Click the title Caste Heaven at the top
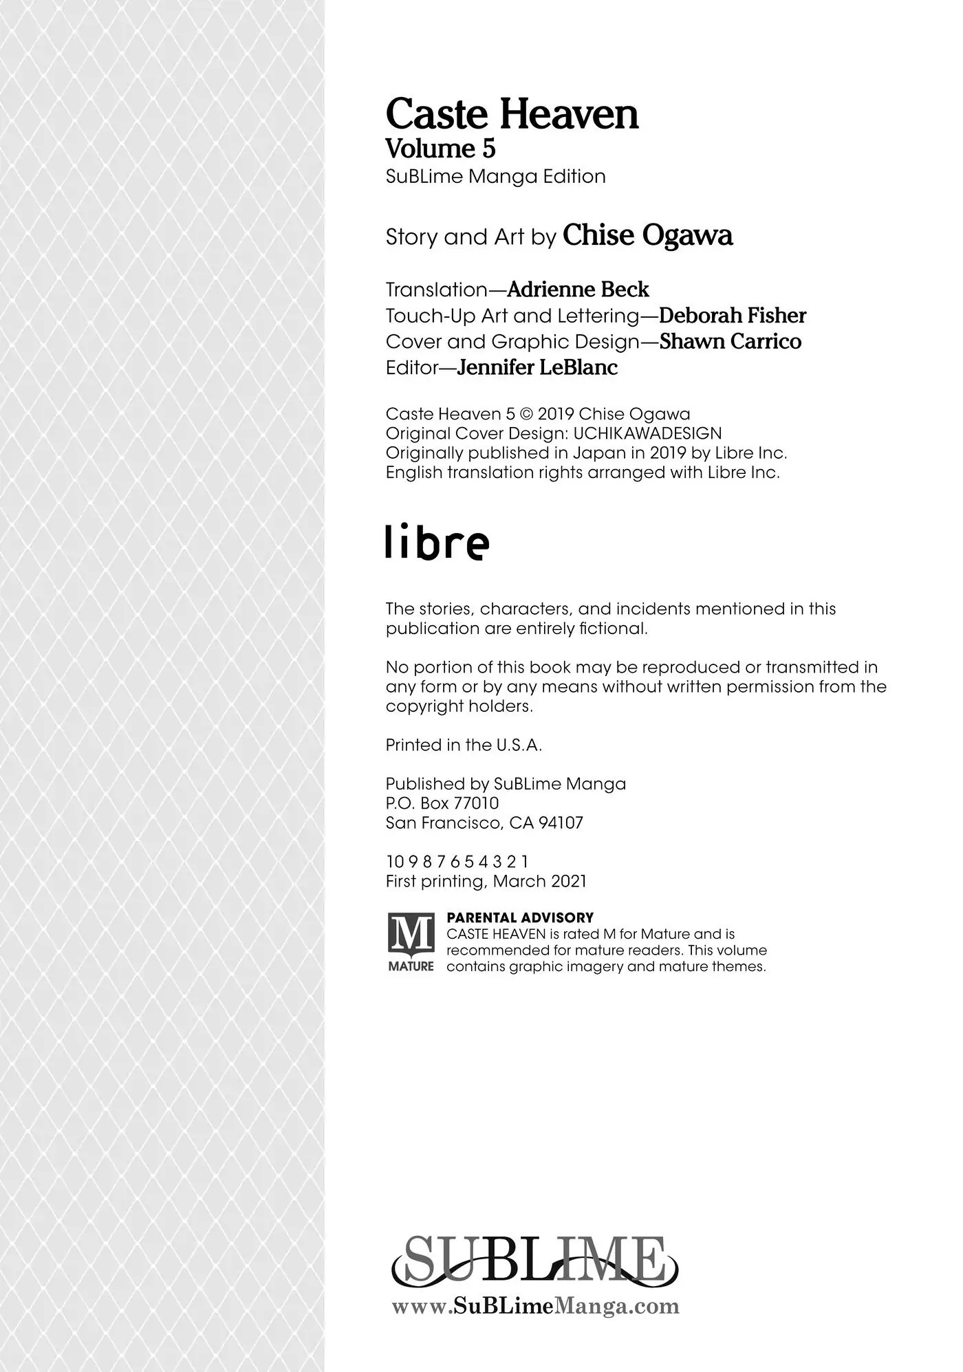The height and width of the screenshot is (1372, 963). click(512, 114)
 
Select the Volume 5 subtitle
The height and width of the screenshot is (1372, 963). click(440, 149)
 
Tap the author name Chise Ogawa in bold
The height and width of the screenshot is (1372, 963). click(647, 236)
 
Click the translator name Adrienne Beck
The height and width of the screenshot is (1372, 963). click(578, 290)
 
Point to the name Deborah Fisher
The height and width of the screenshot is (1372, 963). click(732, 316)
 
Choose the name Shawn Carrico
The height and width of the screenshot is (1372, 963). click(730, 342)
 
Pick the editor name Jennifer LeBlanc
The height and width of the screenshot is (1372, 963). click(537, 368)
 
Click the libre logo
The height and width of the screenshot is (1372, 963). click(437, 543)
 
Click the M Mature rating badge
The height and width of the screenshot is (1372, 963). click(411, 941)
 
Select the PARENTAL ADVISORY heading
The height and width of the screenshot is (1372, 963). click(520, 917)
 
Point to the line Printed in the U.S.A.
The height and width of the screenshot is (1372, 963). click(464, 745)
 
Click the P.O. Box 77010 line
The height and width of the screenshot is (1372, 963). click(442, 803)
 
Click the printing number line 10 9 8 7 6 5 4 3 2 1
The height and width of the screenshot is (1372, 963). click(457, 862)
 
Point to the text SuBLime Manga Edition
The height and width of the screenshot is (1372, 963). click(495, 177)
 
